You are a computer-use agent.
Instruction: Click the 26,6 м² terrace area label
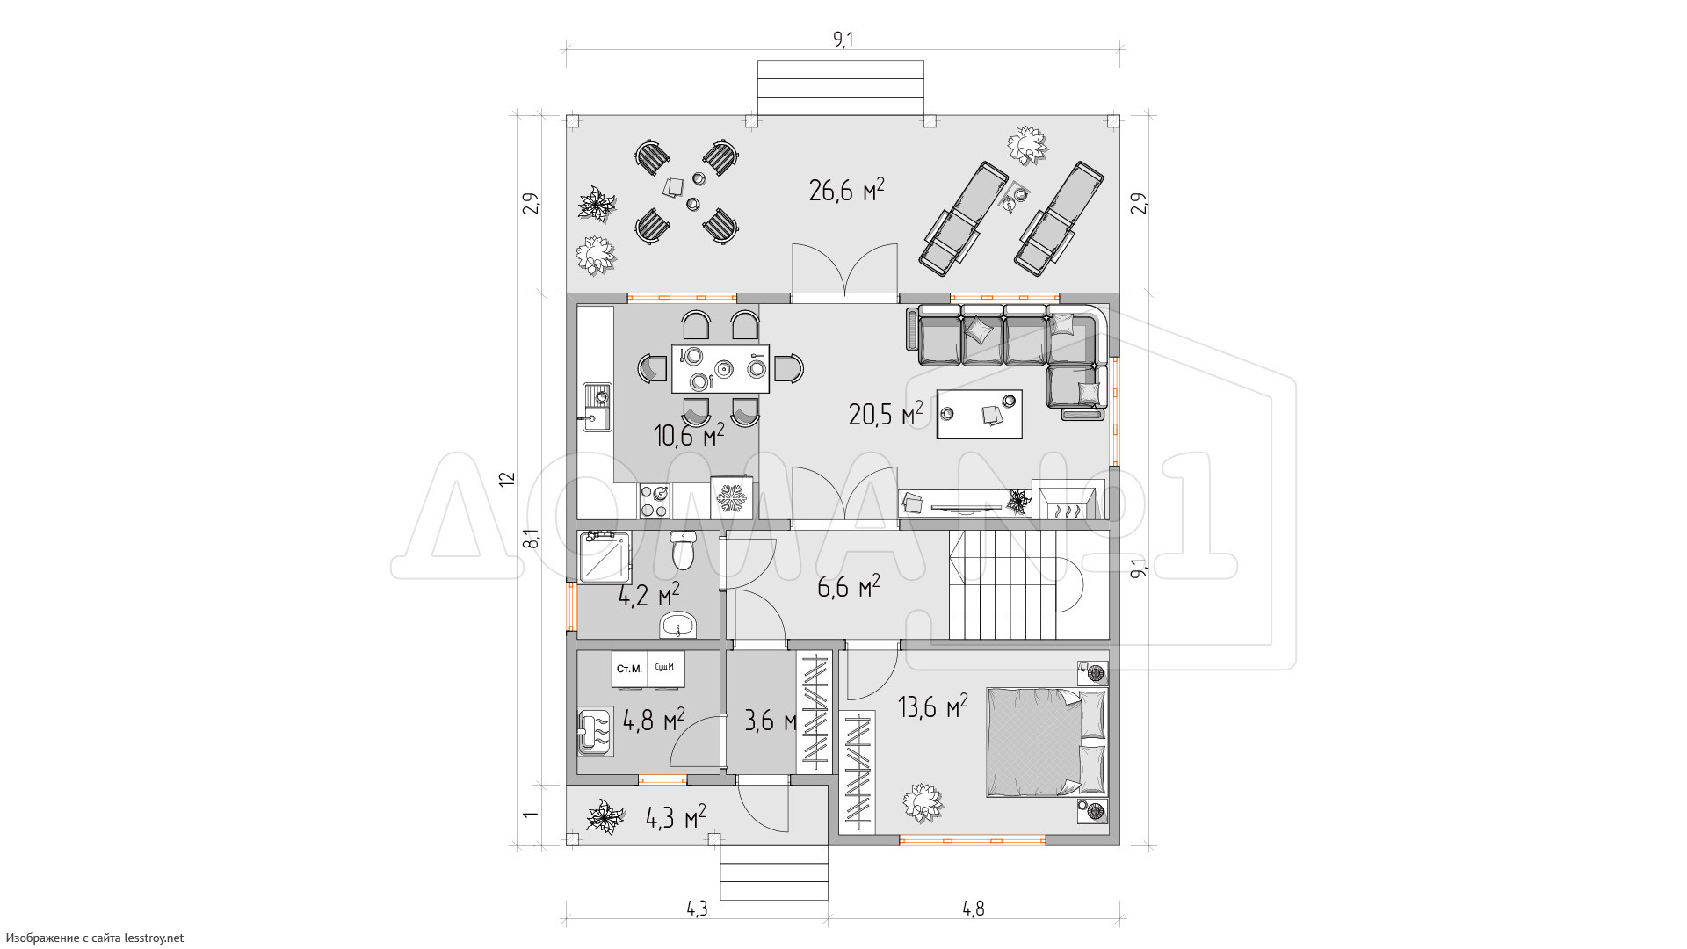(x=846, y=190)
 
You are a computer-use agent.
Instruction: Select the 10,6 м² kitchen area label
(x=689, y=434)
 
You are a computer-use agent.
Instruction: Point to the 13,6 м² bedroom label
(x=933, y=706)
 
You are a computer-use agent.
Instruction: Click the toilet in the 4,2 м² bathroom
(x=682, y=550)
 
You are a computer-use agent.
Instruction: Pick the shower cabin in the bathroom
(x=604, y=556)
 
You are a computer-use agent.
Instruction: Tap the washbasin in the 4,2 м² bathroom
(x=677, y=625)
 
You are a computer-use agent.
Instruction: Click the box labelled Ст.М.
(x=629, y=669)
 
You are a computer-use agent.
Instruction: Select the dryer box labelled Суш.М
(x=665, y=669)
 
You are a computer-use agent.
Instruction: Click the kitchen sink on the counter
(x=597, y=409)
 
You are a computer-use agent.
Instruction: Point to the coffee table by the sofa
(x=980, y=414)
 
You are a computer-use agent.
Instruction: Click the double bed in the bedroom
(x=1046, y=743)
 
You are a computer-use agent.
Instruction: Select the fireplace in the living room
(x=1064, y=503)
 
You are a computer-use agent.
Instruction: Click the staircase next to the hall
(x=1028, y=584)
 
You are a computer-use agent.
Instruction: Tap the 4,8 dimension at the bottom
(x=973, y=909)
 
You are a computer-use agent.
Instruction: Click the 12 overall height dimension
(x=507, y=480)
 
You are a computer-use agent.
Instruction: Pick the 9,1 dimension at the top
(x=843, y=40)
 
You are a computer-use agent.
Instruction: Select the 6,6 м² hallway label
(x=849, y=587)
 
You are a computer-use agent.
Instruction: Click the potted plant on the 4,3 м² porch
(x=605, y=816)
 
